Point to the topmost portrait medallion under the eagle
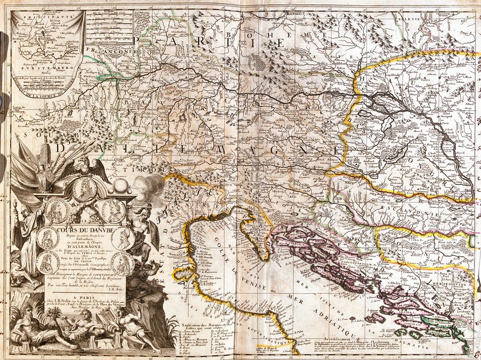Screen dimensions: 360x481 [x=85, y=189]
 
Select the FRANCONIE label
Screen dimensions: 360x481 [x=103, y=49]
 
